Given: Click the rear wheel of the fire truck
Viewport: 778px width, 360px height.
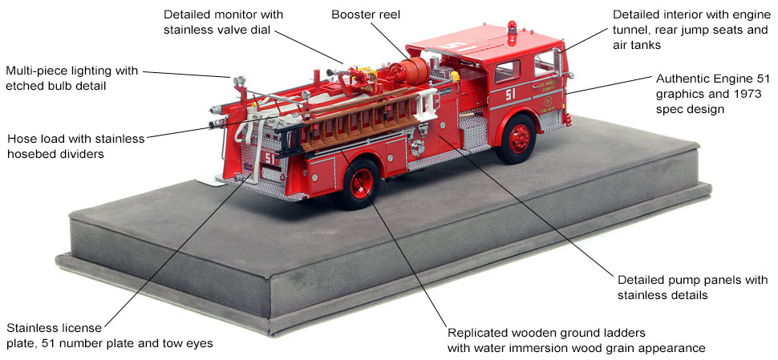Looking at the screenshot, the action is [x=360, y=186].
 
